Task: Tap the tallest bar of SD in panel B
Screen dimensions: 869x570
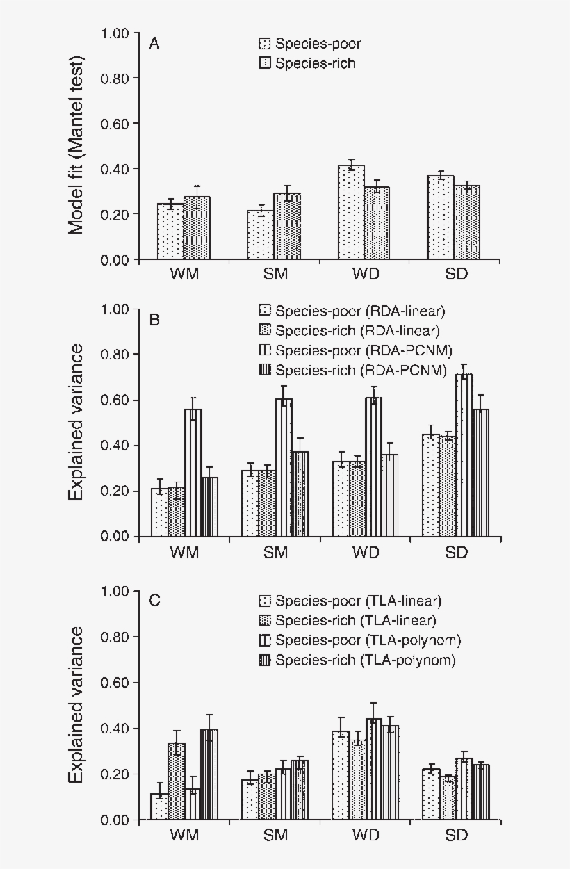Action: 464,455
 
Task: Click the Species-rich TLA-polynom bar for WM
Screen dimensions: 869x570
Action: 209,775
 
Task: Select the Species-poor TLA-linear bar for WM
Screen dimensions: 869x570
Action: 159,806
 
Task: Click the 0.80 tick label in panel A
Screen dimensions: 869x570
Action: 115,79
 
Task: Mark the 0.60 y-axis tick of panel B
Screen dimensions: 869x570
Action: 115,400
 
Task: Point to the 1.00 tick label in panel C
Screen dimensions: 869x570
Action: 115,592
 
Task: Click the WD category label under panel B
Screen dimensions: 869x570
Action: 366,553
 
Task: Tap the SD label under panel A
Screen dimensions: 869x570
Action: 456,274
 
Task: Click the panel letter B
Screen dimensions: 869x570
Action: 155,320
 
